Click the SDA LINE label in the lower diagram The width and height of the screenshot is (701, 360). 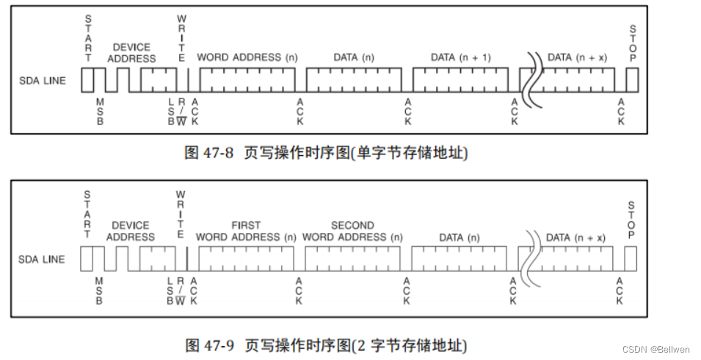[42, 259]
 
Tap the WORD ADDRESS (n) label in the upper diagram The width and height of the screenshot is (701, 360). [247, 57]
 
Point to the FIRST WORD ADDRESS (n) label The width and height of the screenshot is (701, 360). [246, 231]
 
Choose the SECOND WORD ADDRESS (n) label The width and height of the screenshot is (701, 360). [352, 231]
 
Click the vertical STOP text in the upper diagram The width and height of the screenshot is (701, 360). [632, 43]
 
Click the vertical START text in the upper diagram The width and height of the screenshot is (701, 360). [89, 38]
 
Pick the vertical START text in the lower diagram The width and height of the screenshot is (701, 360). [87, 215]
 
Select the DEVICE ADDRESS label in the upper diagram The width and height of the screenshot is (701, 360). [131, 53]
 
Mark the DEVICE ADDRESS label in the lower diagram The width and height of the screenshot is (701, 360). [131, 231]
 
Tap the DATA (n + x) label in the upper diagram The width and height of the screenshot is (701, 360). [577, 57]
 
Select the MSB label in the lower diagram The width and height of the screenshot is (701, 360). [99, 289]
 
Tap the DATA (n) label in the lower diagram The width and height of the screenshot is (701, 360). [459, 237]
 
